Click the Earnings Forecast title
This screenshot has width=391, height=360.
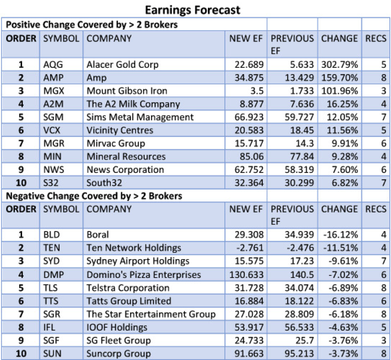tap(192, 9)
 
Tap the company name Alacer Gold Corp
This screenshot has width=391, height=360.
tap(122, 64)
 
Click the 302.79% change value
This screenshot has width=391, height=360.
tap(339, 64)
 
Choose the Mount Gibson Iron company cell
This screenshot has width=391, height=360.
tap(127, 91)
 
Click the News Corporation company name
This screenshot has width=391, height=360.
tap(125, 170)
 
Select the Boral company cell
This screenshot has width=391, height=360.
tap(98, 235)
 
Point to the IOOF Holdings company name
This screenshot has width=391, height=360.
tap(117, 327)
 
